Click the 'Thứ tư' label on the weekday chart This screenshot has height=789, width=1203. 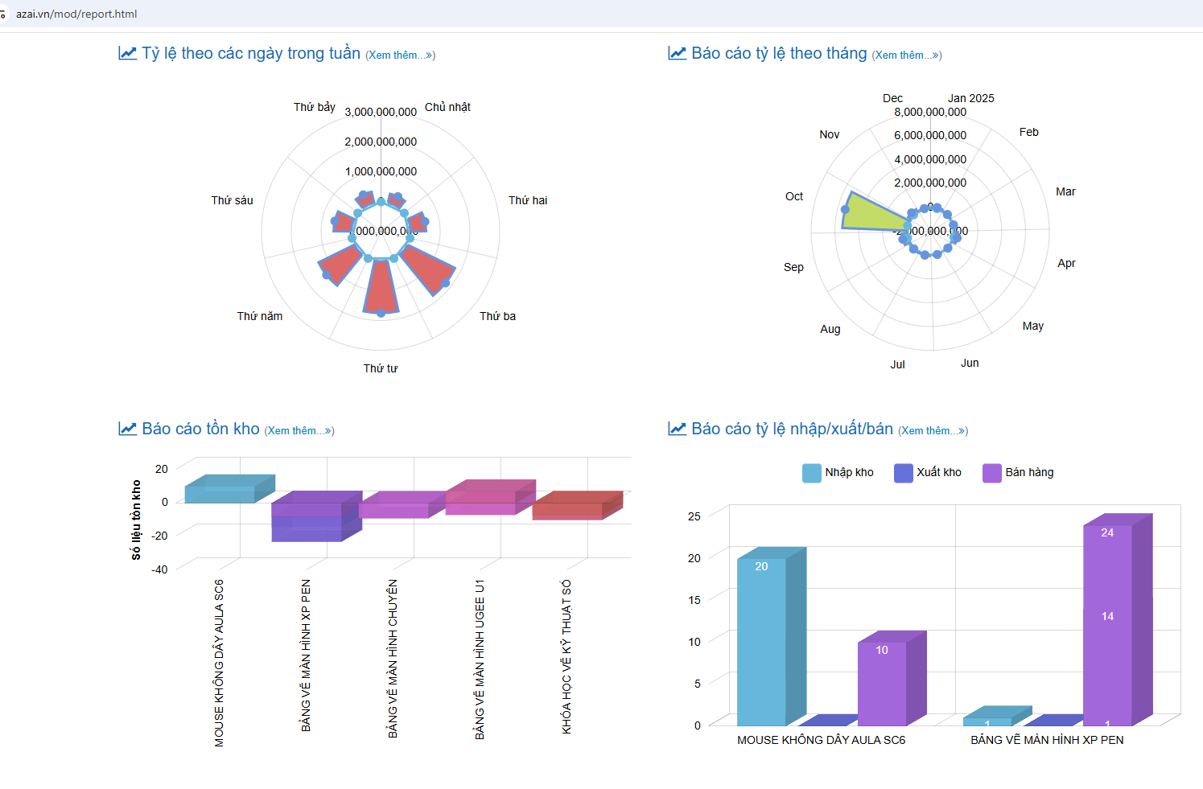(380, 368)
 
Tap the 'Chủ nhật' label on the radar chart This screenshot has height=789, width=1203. (447, 107)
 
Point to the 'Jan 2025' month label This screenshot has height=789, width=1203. (970, 98)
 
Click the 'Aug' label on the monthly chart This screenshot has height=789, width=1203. (830, 329)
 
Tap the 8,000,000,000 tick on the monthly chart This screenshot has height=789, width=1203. (930, 112)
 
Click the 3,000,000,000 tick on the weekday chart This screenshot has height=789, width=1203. (381, 112)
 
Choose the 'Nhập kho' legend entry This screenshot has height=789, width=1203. (838, 472)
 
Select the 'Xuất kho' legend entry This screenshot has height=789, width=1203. (929, 472)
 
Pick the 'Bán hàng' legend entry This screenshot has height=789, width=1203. (1019, 472)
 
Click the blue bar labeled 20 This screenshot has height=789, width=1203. (761, 643)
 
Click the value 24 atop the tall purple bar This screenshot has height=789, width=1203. (1107, 532)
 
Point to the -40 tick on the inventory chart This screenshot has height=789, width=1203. (159, 569)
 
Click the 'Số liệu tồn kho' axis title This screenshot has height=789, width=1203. (136, 520)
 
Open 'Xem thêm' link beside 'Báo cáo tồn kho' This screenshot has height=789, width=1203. (299, 431)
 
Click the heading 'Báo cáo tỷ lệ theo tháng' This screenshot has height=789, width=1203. (778, 53)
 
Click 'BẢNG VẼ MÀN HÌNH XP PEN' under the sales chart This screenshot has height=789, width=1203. (1047, 740)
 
